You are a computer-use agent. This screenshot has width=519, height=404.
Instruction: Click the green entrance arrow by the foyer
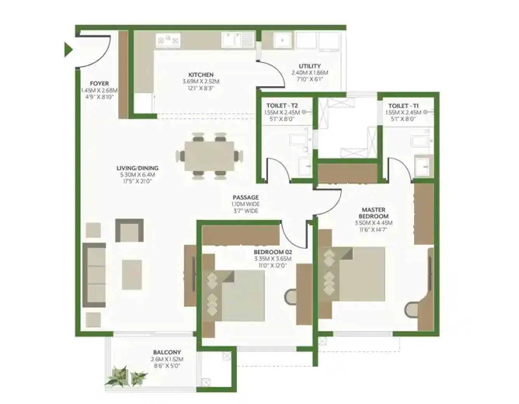68,50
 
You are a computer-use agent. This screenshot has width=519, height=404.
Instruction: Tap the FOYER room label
99,84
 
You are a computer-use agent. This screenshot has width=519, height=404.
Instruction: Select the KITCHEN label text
201,75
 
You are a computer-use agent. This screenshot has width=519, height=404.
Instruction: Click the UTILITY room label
310,66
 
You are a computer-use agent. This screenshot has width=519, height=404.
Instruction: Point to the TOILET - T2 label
282,106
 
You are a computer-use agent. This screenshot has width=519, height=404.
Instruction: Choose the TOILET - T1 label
404,106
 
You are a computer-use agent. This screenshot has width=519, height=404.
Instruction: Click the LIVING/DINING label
138,168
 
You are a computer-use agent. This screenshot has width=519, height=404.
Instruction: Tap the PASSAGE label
246,197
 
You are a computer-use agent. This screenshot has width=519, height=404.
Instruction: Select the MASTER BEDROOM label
373,213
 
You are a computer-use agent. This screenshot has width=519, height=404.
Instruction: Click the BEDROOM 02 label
273,252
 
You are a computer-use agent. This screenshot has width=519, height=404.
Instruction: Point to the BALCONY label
167,352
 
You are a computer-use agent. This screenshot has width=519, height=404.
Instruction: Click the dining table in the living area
210,156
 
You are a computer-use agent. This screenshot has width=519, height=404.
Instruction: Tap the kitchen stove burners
168,39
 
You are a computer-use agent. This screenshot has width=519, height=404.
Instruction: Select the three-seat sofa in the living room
94,274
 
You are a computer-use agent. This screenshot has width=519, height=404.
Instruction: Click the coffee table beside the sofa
132,275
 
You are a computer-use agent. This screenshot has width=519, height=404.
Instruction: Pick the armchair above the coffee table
129,231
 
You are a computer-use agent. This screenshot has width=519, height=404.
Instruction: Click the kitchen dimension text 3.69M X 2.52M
201,82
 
